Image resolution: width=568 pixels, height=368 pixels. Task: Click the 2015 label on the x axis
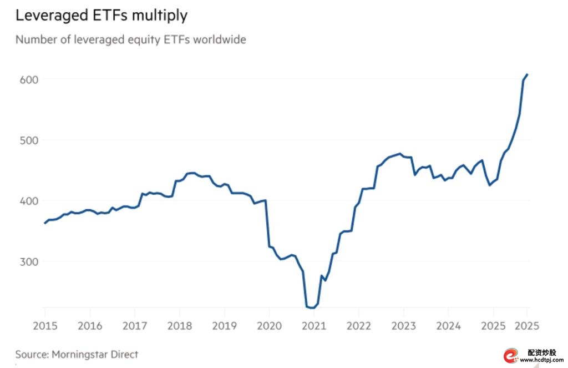point(44,326)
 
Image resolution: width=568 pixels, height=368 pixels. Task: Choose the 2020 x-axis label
point(268,326)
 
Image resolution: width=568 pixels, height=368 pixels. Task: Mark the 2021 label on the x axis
point(313,326)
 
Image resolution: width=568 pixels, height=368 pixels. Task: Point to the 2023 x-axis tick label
point(403,326)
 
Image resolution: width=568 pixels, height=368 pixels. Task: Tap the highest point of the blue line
point(527,74)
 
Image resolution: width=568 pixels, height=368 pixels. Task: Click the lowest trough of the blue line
point(312,307)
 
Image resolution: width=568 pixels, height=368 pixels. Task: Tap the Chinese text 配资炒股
point(542,352)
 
